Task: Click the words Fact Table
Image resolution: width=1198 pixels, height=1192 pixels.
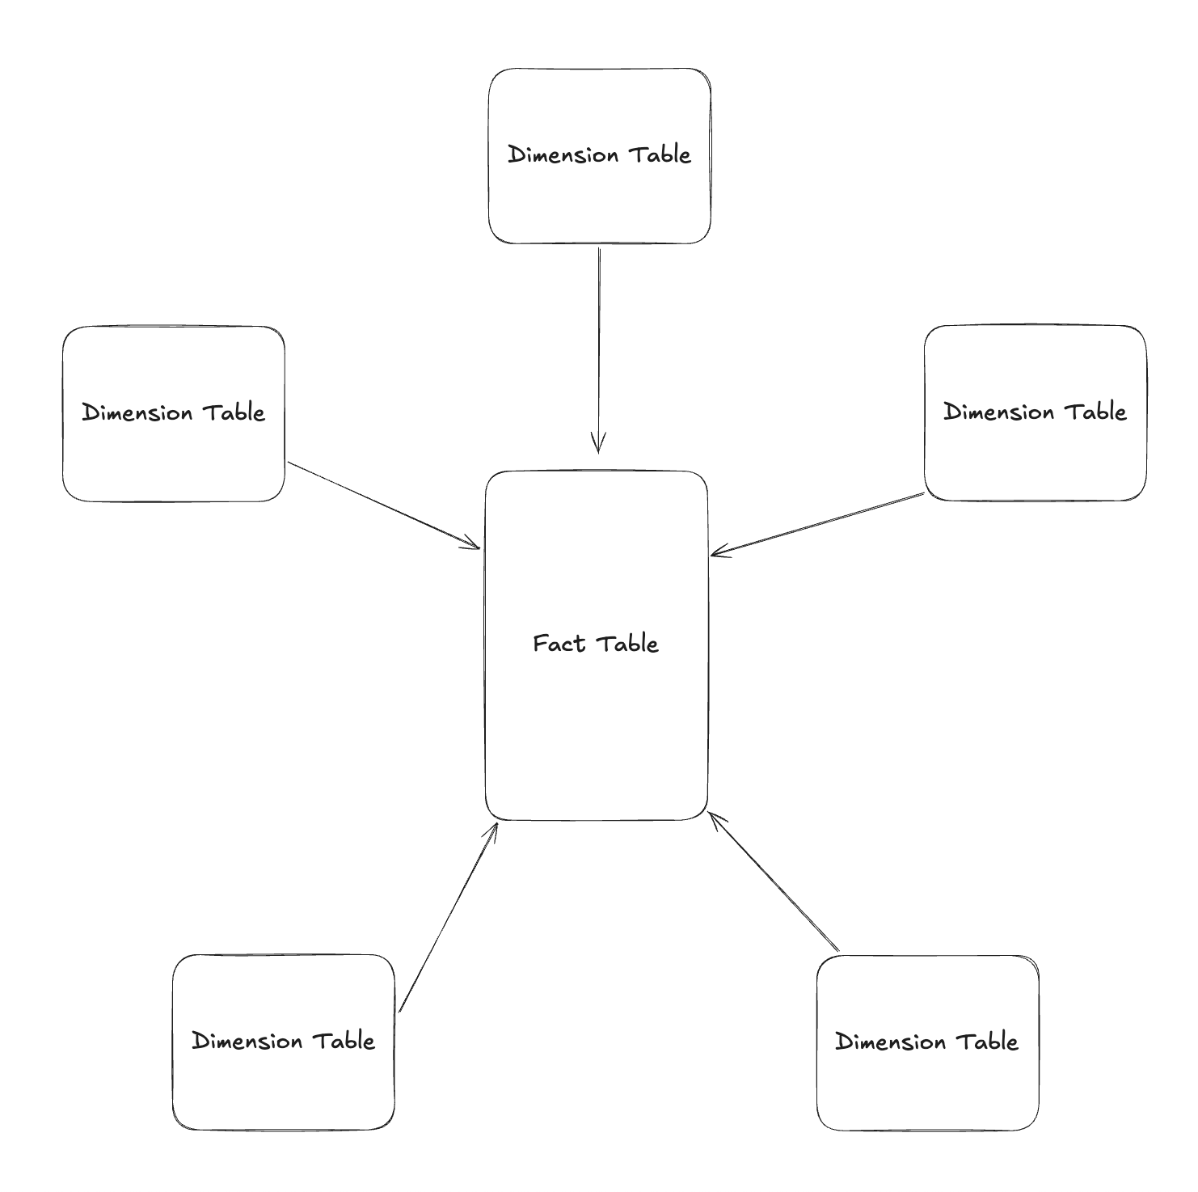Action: pos(596,644)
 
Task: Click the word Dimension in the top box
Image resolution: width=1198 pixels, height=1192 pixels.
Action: pos(563,154)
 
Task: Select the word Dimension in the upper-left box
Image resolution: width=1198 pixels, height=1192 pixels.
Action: pos(137,412)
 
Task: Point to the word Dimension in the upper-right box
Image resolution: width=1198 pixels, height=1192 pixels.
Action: pos(998,412)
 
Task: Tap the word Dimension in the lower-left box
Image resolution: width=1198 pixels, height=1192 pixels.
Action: pos(247,1041)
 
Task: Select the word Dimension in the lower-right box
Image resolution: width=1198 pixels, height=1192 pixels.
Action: pos(890,1042)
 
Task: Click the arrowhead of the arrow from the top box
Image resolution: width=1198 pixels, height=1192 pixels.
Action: pos(598,445)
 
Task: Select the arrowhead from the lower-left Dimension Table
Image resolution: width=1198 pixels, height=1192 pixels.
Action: pos(492,830)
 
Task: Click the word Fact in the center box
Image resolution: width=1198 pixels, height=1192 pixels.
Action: pos(558,644)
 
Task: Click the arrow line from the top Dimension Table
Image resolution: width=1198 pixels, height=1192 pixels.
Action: pos(599,340)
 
